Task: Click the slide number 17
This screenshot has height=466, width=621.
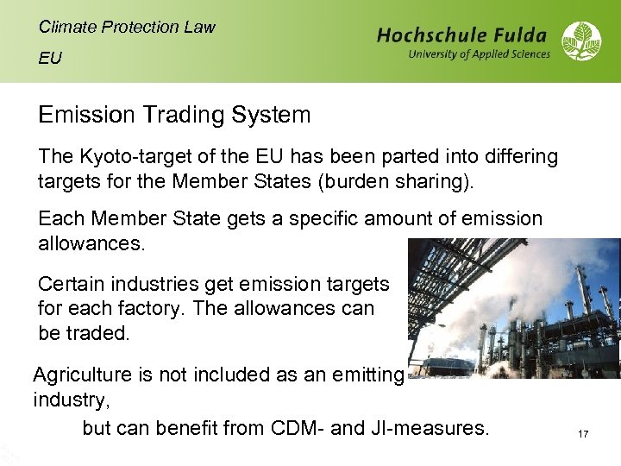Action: (x=583, y=434)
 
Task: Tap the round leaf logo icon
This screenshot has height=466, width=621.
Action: (x=581, y=41)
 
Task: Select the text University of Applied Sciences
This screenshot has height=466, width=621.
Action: (x=479, y=54)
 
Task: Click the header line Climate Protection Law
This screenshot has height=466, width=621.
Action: (x=127, y=27)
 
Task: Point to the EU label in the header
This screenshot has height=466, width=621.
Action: (x=50, y=59)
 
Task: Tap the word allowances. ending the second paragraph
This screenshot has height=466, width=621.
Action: (x=92, y=243)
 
